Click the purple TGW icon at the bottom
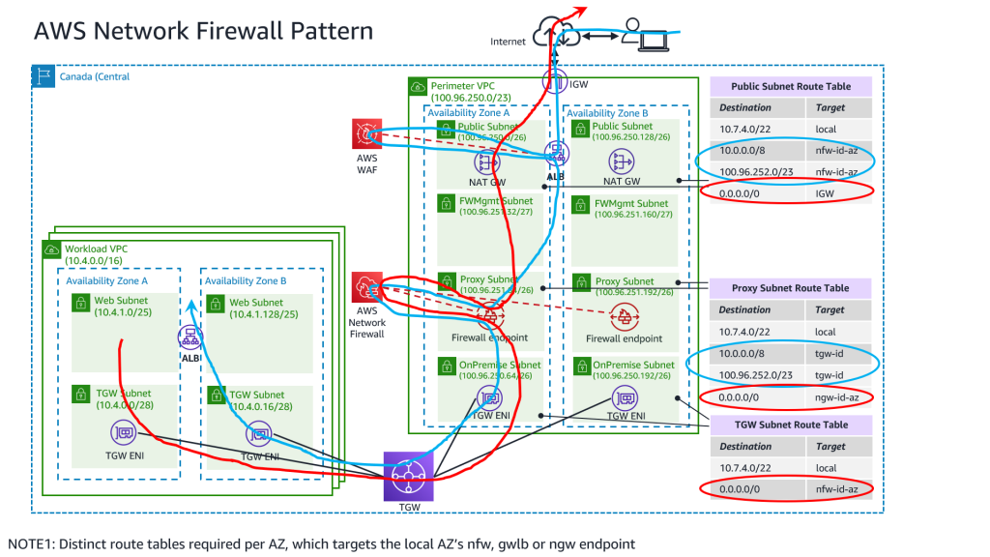[404, 472]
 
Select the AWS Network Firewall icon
[367, 287]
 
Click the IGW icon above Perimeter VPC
[554, 83]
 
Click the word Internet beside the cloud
[508, 42]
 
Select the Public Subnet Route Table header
[791, 86]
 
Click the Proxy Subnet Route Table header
[791, 287]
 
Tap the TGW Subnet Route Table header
[791, 425]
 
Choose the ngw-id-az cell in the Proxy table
[837, 397]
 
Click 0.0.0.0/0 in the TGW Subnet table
[744, 490]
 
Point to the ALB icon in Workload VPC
[189, 337]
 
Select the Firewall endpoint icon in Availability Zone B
[624, 316]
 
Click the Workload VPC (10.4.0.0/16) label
[98, 255]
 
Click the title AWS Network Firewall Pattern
[203, 30]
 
